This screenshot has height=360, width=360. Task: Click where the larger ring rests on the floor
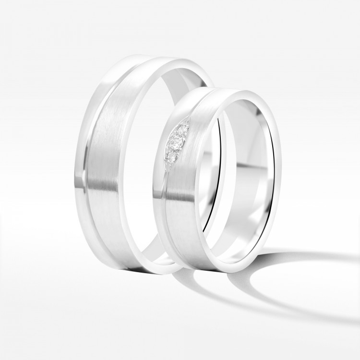[144, 271]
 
